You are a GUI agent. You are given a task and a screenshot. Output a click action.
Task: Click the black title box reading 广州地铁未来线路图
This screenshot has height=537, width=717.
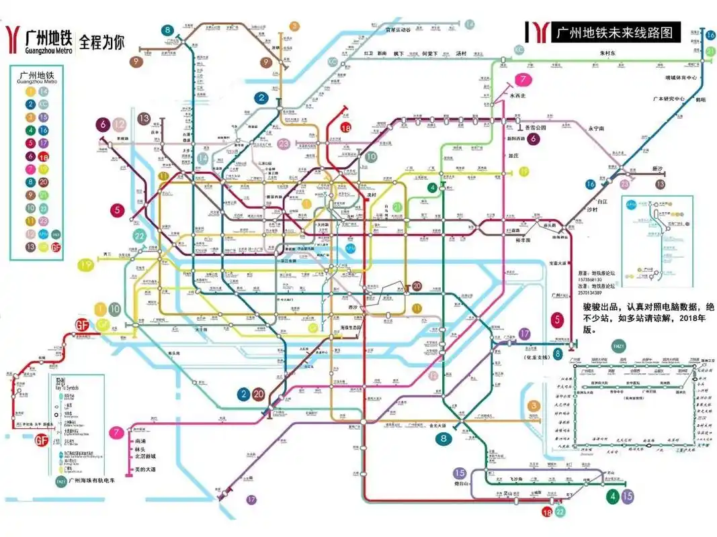(x=615, y=32)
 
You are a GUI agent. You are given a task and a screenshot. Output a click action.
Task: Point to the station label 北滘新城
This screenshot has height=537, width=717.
(x=145, y=459)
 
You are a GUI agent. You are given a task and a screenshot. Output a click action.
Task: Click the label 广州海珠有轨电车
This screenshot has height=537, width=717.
(x=95, y=481)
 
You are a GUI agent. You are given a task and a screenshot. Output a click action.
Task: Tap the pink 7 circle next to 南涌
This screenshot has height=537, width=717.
(x=118, y=433)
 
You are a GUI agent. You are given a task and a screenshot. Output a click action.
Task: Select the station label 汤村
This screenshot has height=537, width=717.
(x=460, y=53)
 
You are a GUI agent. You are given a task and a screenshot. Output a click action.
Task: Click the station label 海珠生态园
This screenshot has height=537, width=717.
(x=347, y=327)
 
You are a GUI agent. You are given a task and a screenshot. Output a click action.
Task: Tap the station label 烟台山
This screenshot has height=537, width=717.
(x=460, y=483)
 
